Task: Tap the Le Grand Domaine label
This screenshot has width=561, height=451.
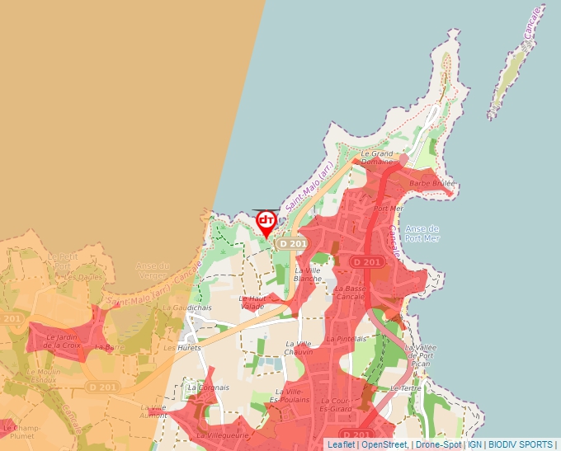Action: pyautogui.click(x=377, y=157)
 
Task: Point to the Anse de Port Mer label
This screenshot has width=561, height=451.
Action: pyautogui.click(x=423, y=233)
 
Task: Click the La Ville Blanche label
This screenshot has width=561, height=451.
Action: pyautogui.click(x=308, y=274)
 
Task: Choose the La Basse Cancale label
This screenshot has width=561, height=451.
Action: pyautogui.click(x=351, y=292)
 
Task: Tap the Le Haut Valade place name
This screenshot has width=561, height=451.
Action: pyautogui.click(x=252, y=302)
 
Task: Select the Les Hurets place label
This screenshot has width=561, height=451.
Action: pyautogui.click(x=181, y=348)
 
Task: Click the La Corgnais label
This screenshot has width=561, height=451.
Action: pyautogui.click(x=209, y=387)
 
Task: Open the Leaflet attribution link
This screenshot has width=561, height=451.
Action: pyautogui.click(x=341, y=444)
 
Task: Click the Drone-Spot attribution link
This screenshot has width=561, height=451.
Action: pyautogui.click(x=439, y=444)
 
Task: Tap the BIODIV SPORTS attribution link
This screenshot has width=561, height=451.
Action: pyautogui.click(x=521, y=444)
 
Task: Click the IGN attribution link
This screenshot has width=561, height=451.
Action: pyautogui.click(x=475, y=444)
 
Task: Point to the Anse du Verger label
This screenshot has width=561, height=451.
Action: pyautogui.click(x=153, y=270)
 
